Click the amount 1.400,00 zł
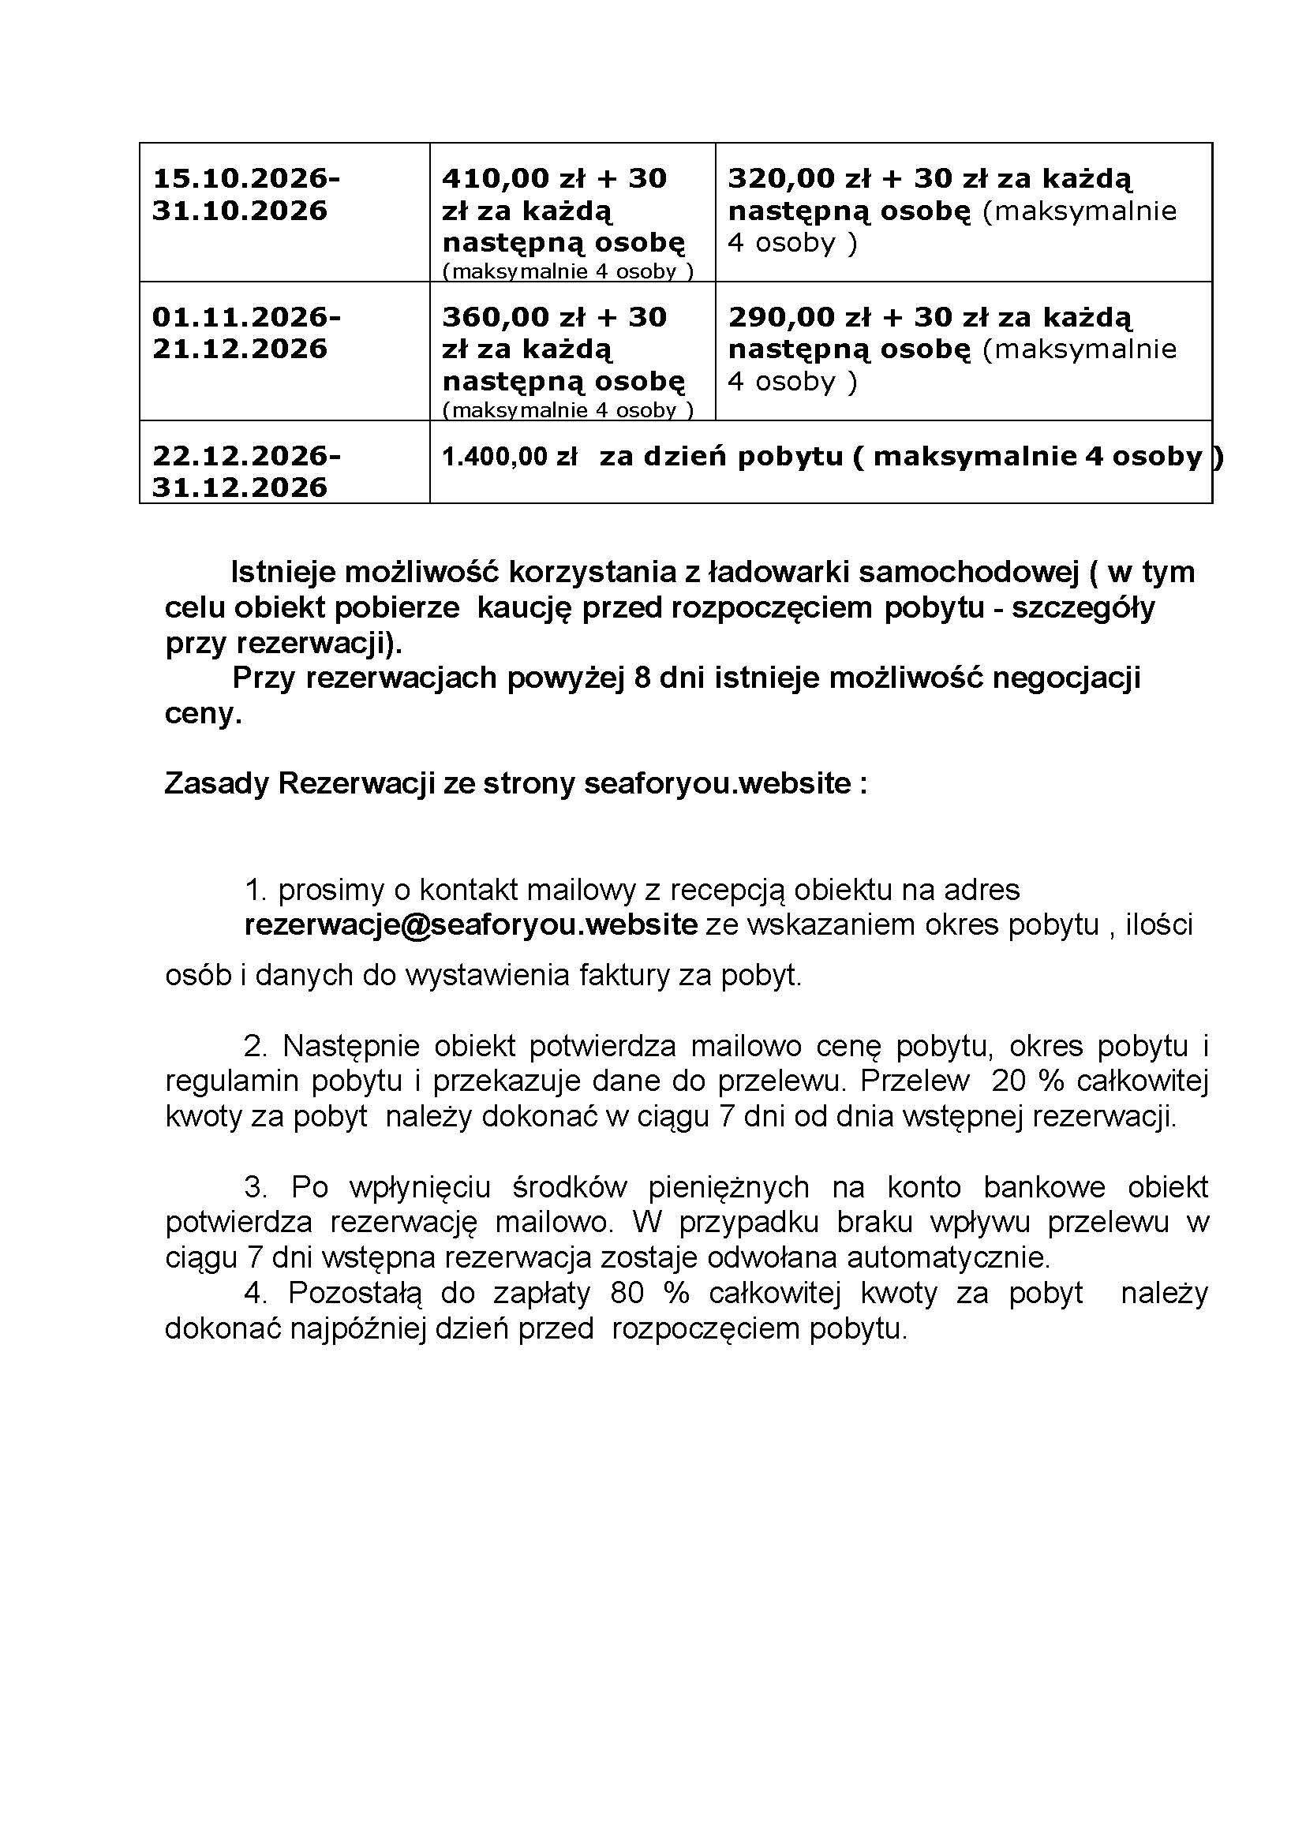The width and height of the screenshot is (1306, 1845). pos(509,458)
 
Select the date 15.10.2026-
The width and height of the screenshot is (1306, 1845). pos(246,178)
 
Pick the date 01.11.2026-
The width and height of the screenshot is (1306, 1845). pos(246,318)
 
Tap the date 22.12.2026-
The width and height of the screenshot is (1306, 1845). pos(246,457)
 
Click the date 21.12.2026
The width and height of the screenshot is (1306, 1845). pos(240,349)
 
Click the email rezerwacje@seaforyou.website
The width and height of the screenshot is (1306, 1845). pos(470,925)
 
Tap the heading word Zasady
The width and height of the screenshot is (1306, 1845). pos(216,783)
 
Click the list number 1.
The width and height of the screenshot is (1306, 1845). pos(255,890)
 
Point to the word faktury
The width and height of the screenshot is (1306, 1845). pos(618,975)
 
